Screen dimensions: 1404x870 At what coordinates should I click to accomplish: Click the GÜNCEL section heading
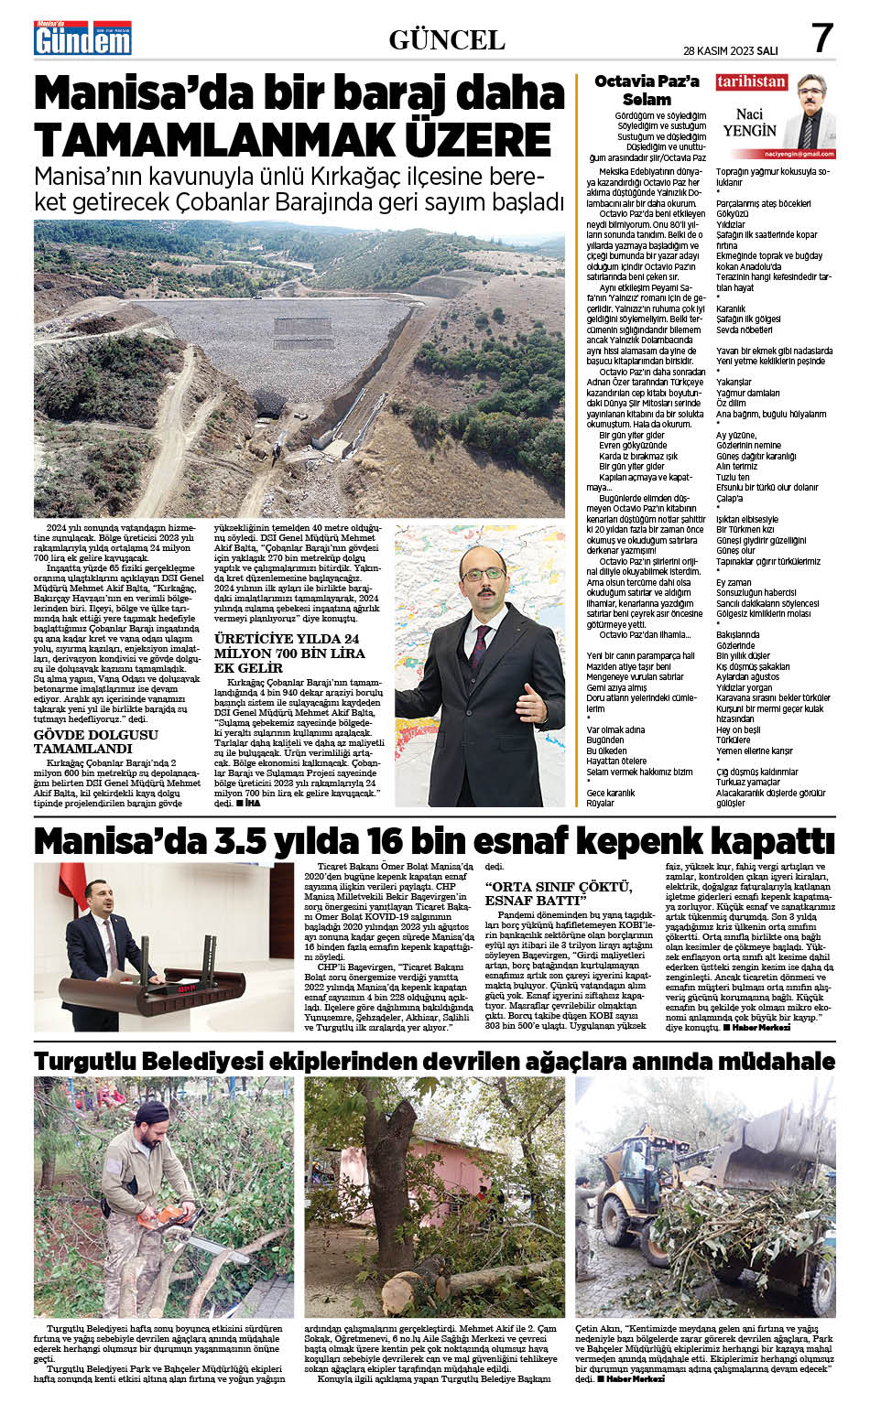pos(446,39)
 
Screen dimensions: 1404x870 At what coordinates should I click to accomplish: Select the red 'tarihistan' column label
pos(751,81)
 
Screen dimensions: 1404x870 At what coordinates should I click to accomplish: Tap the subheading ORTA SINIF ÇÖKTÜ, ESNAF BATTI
pos(558,892)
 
